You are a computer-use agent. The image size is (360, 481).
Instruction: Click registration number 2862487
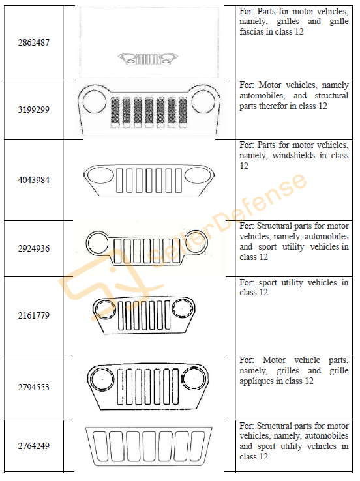[x=33, y=42]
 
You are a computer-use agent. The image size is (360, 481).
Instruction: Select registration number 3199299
[x=33, y=109]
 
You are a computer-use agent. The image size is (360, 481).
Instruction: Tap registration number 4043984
[x=33, y=180]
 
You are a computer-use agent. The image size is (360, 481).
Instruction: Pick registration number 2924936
[x=33, y=248]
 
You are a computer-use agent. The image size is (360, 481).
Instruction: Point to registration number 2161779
[x=33, y=315]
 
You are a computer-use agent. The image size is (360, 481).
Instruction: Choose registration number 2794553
[x=33, y=387]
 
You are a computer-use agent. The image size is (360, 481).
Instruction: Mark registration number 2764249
[x=33, y=445]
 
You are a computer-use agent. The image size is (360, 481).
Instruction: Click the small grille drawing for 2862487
[x=148, y=59]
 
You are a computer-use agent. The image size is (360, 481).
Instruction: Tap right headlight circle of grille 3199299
[x=192, y=101]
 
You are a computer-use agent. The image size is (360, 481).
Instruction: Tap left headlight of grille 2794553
[x=91, y=379]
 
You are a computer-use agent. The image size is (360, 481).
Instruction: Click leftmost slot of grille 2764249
[x=93, y=446]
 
